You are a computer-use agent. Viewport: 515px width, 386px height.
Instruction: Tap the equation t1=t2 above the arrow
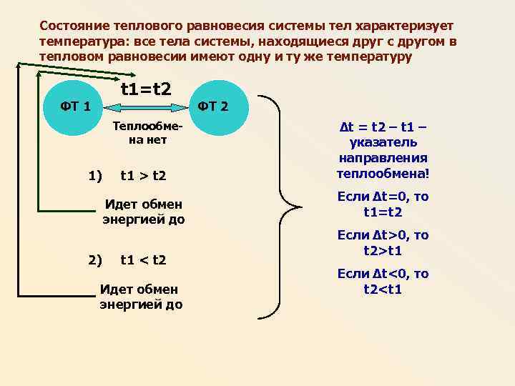pos(145,90)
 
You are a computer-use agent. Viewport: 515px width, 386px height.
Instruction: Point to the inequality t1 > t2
pos(143,175)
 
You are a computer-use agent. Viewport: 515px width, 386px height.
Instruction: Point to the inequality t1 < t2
pos(143,259)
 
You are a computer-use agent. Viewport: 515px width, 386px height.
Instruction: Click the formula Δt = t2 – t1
pos(383,128)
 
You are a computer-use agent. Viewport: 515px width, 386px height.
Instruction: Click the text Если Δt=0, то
pos(383,197)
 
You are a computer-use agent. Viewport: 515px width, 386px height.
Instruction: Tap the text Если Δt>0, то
pos(383,236)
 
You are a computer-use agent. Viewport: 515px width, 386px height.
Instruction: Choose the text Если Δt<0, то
pos(383,274)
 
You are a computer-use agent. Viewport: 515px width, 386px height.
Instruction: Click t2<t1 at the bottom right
pos(383,290)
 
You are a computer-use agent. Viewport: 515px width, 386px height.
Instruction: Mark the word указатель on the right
pos(383,143)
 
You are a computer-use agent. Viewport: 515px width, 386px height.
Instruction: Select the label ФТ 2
pos(213,107)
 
